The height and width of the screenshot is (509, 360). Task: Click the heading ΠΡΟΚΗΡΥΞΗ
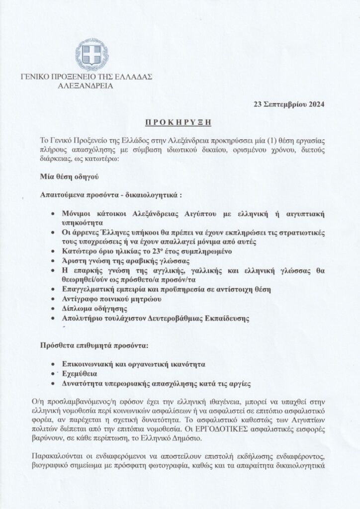tap(180, 122)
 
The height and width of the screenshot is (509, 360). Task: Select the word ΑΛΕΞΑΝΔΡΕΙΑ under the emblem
tap(86, 85)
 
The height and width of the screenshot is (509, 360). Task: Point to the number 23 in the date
tap(258, 104)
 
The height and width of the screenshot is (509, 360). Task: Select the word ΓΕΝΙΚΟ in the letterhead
tap(37, 77)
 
